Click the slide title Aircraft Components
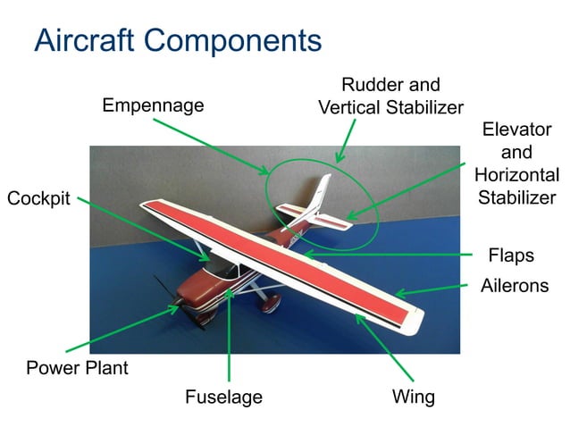pos(177,40)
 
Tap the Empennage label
pos(153,105)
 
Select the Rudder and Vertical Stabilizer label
pos(390,96)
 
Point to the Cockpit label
pos(38,199)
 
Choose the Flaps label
pos(510,255)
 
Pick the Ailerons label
pos(514,286)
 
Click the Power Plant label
pos(77,367)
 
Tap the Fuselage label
pos(223,397)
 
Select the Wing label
pos(413,397)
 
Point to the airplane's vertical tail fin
pos(319,193)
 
